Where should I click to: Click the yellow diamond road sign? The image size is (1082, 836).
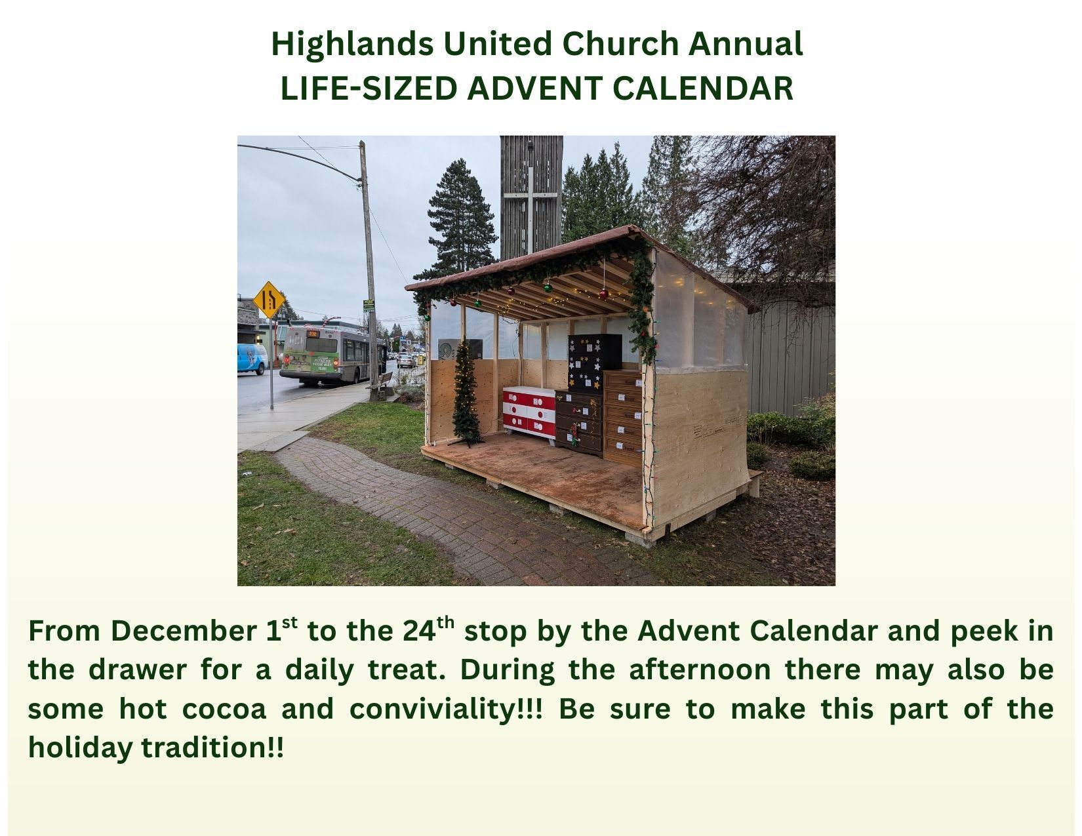click(x=270, y=300)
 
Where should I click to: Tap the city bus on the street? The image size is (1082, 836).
click(x=325, y=355)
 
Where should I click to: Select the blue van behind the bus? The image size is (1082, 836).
click(x=252, y=359)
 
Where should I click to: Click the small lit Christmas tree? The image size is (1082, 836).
click(x=467, y=393)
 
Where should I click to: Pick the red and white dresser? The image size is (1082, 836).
click(x=529, y=411)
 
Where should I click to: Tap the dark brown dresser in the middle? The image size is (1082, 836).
click(x=579, y=423)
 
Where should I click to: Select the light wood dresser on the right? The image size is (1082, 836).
click(x=623, y=418)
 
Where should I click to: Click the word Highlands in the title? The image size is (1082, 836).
click(x=352, y=45)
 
